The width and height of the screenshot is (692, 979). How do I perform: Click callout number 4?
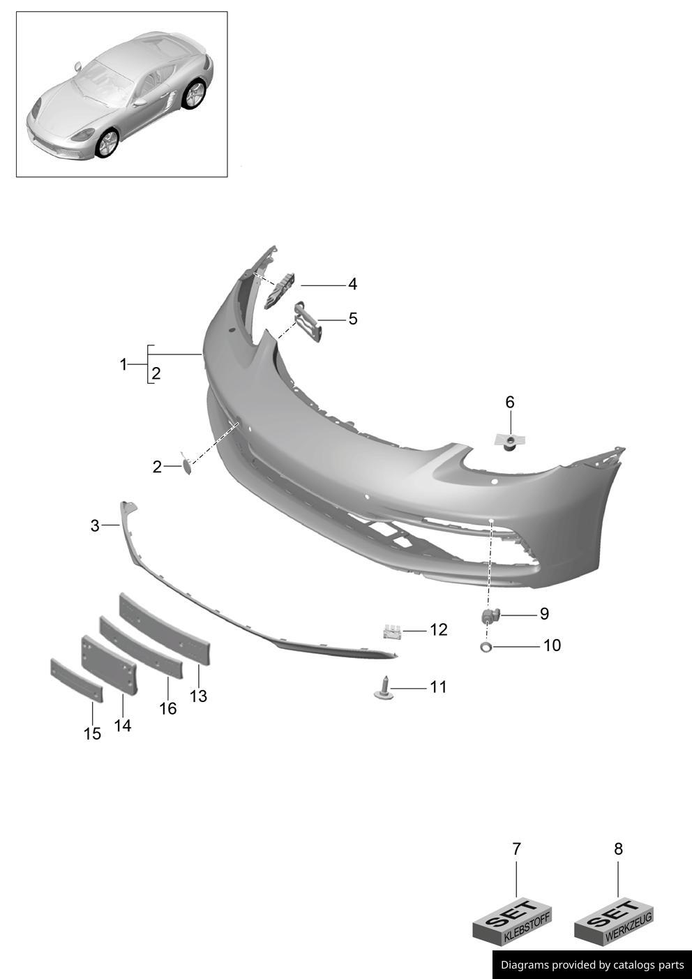pyautogui.click(x=352, y=285)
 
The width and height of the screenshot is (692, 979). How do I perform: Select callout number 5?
pyautogui.click(x=352, y=319)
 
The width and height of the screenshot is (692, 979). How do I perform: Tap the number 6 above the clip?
pyautogui.click(x=510, y=402)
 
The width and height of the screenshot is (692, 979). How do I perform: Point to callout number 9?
pyautogui.click(x=544, y=613)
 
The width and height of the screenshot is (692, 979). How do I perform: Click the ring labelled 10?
pyautogui.click(x=486, y=648)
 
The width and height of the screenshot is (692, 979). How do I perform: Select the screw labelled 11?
pyautogui.click(x=384, y=687)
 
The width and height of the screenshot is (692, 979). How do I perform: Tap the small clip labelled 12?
pyautogui.click(x=392, y=632)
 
